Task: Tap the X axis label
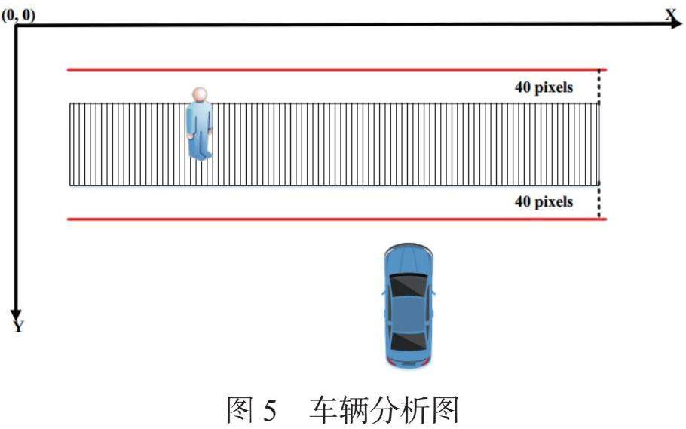pos(671,12)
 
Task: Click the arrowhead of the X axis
pos(676,25)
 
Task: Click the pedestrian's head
pos(199,94)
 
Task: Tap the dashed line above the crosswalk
pos(599,86)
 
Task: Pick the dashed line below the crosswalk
pos(599,202)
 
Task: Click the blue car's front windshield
pos(408,285)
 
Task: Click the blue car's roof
pos(408,313)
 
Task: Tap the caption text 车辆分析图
pos(383,410)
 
